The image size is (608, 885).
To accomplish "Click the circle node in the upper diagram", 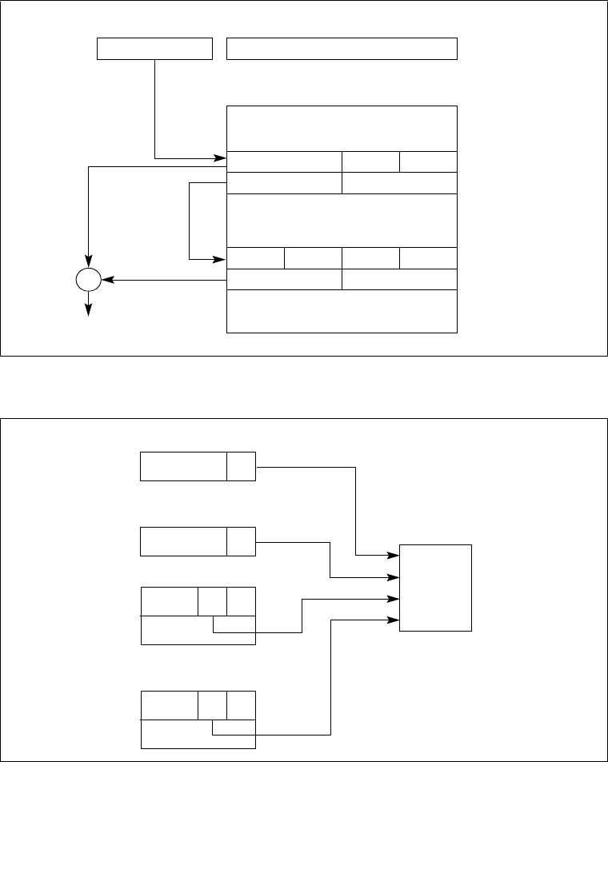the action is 88,280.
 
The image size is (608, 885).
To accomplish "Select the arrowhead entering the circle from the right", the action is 106,280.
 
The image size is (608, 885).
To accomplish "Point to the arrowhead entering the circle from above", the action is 88,263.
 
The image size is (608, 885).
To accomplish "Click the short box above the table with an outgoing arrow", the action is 154,48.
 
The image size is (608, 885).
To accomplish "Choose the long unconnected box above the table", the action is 342,48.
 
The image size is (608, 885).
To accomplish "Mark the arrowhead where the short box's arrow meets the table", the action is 222,158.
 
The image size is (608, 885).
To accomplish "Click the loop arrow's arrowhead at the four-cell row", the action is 222,259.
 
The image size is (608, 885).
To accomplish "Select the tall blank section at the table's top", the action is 342,128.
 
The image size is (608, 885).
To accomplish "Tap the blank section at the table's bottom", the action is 342,311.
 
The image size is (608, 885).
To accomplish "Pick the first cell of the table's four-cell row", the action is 256,258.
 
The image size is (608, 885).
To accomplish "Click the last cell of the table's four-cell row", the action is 428,258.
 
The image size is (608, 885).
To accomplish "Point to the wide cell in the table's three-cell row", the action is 284,161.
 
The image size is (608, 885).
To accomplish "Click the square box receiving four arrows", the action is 435,588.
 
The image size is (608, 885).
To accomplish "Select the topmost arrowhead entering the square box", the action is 394,555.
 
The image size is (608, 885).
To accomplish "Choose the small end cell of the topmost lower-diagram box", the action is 241,466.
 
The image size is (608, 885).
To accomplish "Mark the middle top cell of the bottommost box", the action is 212,706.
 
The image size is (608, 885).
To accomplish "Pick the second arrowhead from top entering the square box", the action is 394,576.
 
